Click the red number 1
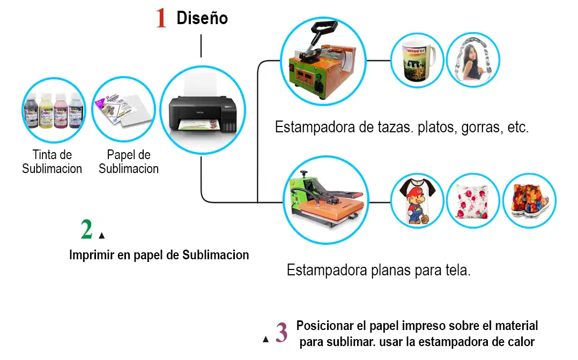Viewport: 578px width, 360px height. pyautogui.click(x=161, y=18)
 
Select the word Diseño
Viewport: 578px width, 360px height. pyautogui.click(x=202, y=18)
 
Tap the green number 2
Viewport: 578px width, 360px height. pyautogui.click(x=87, y=229)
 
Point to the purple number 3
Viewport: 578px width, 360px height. pyautogui.click(x=281, y=332)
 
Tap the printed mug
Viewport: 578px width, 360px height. pyautogui.click(x=417, y=59)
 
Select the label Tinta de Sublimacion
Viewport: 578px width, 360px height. pyautogui.click(x=52, y=162)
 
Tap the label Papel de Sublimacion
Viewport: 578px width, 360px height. pyautogui.click(x=129, y=162)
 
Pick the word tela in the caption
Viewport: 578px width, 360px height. pyautogui.click(x=457, y=270)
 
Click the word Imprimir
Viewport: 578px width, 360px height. pyautogui.click(x=92, y=255)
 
